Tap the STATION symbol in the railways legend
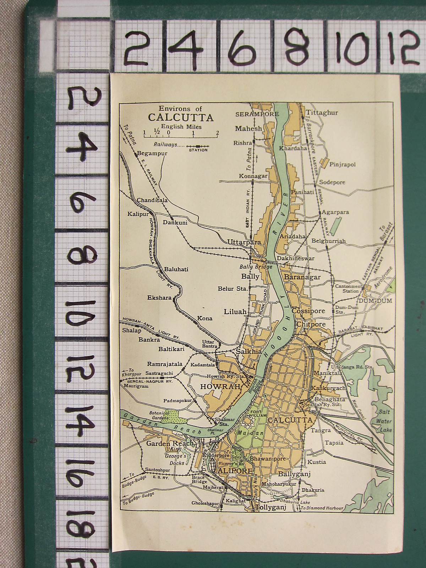(x=198, y=146)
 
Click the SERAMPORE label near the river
(x=257, y=114)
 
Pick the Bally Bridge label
(x=256, y=267)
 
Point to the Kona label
(x=205, y=318)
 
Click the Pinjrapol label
(x=343, y=164)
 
